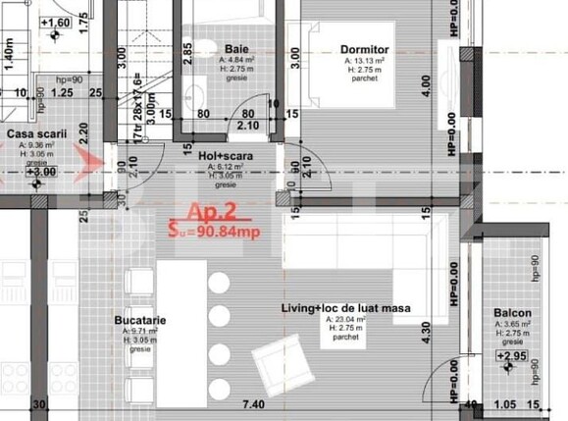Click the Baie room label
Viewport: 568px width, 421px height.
coord(235,48)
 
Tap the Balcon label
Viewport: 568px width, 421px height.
coord(513,314)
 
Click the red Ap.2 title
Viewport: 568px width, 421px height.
coord(210,211)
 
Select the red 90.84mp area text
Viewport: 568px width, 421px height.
coord(222,232)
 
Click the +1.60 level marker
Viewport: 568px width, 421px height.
coord(56,22)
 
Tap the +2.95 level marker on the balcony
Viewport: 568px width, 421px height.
coord(515,355)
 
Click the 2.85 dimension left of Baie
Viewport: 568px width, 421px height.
coord(187,52)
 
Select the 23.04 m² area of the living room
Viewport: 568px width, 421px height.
coord(348,320)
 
